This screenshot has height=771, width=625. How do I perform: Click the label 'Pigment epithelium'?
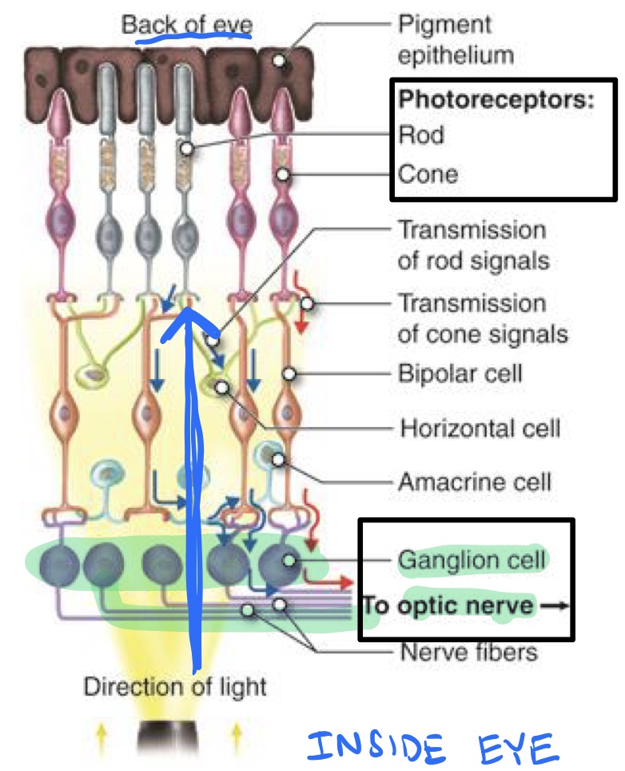click(x=456, y=40)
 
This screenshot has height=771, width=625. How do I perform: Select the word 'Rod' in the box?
click(x=421, y=134)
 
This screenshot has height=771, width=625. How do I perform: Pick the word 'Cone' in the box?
click(x=428, y=173)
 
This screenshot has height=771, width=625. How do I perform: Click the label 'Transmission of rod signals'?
click(x=472, y=244)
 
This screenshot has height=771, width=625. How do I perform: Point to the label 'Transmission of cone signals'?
click(x=483, y=318)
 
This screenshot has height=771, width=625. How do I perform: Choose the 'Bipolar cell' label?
click(x=460, y=374)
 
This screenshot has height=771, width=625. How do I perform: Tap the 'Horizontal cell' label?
click(x=480, y=428)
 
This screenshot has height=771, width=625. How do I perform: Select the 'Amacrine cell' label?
click(x=475, y=482)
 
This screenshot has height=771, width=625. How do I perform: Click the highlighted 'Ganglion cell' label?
click(x=472, y=558)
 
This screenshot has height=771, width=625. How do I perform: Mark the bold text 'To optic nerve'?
click(x=448, y=605)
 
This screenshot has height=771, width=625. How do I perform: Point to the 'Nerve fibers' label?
click(x=468, y=652)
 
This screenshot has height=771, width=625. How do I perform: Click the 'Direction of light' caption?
click(x=175, y=685)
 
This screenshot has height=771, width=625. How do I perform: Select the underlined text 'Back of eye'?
click(x=186, y=24)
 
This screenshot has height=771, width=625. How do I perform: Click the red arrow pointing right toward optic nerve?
click(x=340, y=582)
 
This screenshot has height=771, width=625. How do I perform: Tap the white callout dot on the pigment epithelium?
click(x=279, y=60)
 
